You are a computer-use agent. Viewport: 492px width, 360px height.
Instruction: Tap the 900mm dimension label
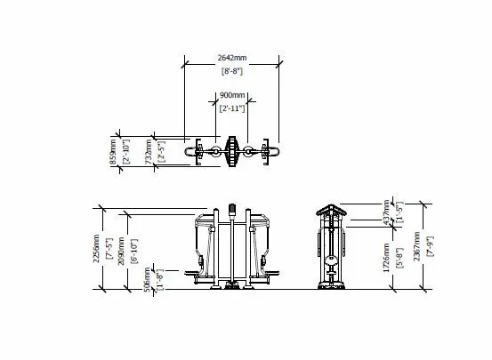click(232, 93)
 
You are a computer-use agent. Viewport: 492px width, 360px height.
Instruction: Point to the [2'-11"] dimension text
click(232, 107)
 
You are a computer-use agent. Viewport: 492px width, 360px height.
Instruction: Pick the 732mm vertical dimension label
click(149, 153)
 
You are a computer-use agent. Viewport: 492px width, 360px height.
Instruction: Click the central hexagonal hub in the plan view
click(232, 152)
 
